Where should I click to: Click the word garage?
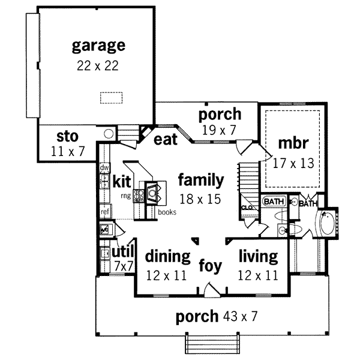(98, 46)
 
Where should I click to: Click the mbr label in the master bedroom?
(293, 143)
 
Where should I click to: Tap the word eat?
(165, 139)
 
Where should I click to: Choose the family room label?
(201, 179)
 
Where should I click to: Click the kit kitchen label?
(122, 181)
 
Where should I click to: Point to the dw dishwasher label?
(104, 167)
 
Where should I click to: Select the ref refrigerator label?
(104, 211)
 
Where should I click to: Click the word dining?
(168, 257)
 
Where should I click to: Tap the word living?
(258, 257)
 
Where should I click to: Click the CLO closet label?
(247, 208)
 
